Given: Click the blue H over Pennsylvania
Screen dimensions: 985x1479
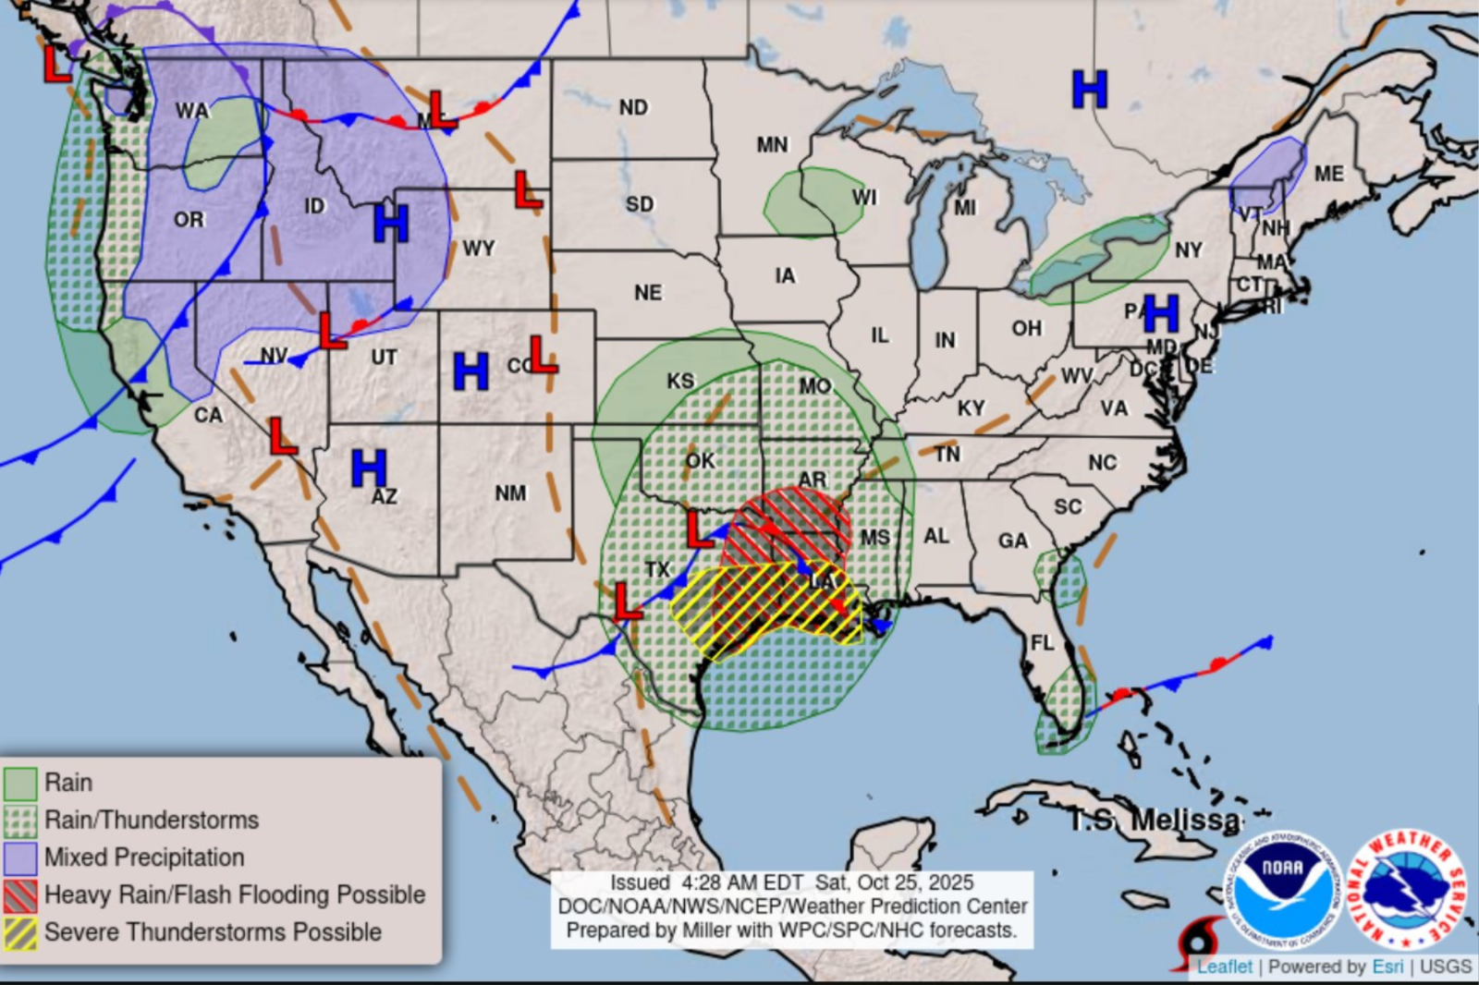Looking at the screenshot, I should tap(1161, 314).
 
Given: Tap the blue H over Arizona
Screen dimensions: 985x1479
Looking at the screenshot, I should tap(369, 468).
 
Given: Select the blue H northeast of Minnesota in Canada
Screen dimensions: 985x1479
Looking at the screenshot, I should tap(1090, 90).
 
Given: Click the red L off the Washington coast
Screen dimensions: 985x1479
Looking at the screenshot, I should tap(57, 64).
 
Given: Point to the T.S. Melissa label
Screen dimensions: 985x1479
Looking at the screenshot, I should tap(1155, 820).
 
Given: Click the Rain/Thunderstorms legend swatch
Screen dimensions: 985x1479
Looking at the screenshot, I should tap(20, 821).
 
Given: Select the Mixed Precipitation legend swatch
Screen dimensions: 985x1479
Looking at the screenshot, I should tap(20, 857).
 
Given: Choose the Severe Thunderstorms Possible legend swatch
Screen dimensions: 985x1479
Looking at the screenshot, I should tap(20, 932).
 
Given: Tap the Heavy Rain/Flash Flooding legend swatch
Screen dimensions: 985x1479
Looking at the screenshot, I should tap(20, 894).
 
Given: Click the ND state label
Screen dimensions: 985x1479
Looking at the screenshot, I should tap(633, 108).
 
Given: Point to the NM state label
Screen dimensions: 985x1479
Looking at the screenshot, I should tap(510, 493).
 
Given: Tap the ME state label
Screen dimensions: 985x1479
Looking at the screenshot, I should tap(1328, 174).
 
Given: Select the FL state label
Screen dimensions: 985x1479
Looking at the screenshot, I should tap(1042, 642).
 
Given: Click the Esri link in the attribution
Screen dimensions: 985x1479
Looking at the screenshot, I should tap(1387, 967).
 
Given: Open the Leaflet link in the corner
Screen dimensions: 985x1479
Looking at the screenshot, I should tap(1224, 967).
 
